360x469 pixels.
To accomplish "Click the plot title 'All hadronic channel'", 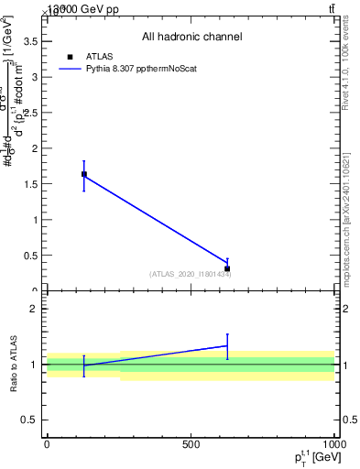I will [191, 38].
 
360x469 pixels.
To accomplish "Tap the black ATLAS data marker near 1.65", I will [84, 174].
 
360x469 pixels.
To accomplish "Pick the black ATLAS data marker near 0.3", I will [227, 268].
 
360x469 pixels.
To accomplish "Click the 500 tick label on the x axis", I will [191, 444].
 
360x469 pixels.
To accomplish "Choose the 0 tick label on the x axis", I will [47, 444].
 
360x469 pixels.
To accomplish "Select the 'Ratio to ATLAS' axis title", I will [15, 365].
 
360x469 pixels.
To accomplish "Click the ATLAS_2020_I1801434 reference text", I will [191, 274].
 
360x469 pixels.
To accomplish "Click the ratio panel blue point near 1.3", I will [227, 345].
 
